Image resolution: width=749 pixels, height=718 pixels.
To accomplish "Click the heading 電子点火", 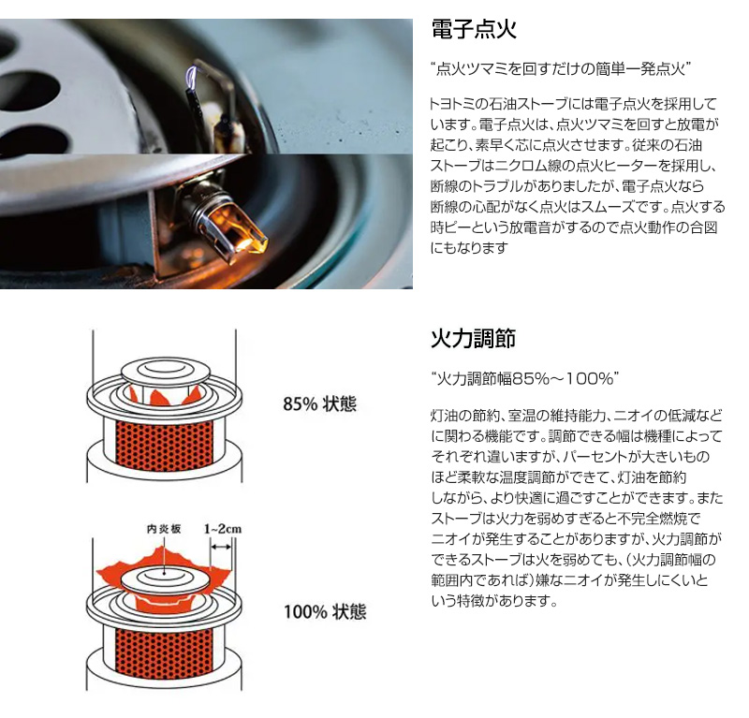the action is pos(474,29).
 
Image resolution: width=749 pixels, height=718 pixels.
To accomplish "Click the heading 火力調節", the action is pos(474,338).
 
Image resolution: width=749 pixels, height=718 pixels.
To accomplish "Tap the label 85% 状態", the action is pos(320,404).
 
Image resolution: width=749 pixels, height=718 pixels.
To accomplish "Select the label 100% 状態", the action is pos(325,611).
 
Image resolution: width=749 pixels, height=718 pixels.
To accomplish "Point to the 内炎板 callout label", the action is pos(164,529).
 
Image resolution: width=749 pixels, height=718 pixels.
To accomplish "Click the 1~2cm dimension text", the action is pos(223,529).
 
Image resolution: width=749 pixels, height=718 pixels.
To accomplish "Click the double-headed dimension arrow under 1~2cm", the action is pos(221,547).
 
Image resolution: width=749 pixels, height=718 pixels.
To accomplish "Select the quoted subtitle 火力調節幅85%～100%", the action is pos(525,379).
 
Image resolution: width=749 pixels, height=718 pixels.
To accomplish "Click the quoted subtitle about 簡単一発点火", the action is pos(561,69).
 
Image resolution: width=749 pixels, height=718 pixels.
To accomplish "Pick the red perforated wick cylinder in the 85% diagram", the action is pos(165,446).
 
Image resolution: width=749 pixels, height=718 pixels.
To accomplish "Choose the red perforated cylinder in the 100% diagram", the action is pos(165,653).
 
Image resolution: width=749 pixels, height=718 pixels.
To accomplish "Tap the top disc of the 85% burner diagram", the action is pos(165,369).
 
